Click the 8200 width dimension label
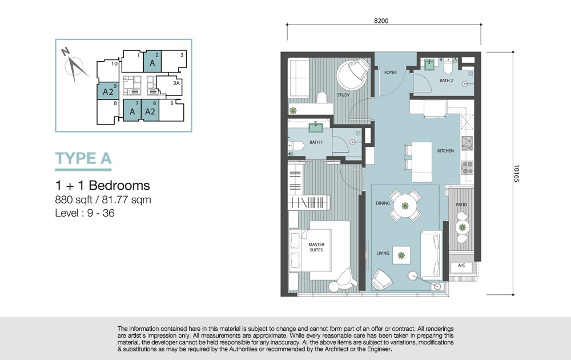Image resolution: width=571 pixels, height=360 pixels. click(381, 21)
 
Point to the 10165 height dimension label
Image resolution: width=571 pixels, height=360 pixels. click(516, 174)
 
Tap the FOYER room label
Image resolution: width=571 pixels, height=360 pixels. click(391, 73)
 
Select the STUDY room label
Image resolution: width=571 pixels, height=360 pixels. click(343, 95)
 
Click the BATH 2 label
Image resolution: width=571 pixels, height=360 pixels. click(446, 81)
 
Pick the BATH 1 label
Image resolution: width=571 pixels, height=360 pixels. click(316, 142)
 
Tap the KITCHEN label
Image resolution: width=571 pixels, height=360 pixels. click(445, 150)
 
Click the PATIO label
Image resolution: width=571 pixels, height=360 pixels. click(461, 205)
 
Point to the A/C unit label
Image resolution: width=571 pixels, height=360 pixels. click(461, 265)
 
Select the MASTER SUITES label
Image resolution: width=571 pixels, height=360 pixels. click(316, 247)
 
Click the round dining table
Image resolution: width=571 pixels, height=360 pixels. click(405, 206)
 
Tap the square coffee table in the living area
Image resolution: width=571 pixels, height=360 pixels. click(401, 255)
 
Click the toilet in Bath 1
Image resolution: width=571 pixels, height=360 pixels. click(296, 146)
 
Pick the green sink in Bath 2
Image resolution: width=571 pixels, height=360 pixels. click(430, 65)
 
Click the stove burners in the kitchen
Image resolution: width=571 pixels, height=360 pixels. click(467, 167)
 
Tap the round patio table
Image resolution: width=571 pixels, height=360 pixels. click(462, 228)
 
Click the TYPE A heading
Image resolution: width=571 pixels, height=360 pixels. click(83, 158)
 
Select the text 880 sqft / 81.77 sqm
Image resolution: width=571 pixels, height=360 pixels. click(103, 199)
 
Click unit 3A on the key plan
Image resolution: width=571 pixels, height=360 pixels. click(176, 83)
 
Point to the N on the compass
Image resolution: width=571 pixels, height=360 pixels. click(65, 52)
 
